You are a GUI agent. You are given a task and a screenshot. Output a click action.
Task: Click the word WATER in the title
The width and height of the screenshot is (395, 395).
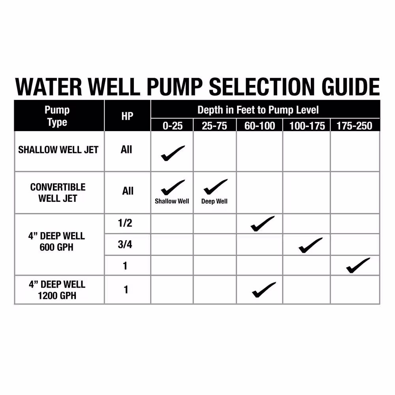48,87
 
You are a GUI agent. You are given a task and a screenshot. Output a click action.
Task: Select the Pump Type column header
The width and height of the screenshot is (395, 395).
57,116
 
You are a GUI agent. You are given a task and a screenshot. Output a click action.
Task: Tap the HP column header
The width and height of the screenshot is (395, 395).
127,116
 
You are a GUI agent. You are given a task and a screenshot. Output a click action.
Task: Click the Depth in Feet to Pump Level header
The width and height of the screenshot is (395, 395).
258,110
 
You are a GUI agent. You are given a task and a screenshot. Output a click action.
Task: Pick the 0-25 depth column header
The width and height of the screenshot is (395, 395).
173,126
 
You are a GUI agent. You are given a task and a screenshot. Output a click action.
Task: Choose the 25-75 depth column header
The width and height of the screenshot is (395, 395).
214,126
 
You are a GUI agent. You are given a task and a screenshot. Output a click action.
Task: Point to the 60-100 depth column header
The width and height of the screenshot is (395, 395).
260,126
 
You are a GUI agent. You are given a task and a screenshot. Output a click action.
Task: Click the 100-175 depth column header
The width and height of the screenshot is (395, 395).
307,126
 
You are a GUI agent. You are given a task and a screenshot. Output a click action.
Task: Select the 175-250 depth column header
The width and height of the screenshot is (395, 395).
354,126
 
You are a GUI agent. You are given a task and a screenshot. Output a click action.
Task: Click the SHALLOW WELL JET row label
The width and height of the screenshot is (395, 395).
58,150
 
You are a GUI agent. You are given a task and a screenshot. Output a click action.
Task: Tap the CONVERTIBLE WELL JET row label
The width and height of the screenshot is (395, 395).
58,193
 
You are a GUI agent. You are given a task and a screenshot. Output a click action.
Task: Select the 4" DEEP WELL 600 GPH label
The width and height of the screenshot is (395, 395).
56,242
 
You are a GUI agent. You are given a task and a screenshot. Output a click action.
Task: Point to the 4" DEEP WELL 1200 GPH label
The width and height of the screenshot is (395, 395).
57,290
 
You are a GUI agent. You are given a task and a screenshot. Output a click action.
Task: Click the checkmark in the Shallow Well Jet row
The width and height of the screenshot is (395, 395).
173,153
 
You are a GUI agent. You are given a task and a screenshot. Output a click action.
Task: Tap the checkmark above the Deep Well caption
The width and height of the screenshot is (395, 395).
215,187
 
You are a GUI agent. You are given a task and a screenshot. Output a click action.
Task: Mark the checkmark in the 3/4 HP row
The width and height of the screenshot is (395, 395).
310,245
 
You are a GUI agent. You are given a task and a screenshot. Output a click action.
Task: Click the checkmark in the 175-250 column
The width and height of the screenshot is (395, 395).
358,265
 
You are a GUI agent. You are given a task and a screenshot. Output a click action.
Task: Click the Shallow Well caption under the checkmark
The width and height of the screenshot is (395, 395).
172,201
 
